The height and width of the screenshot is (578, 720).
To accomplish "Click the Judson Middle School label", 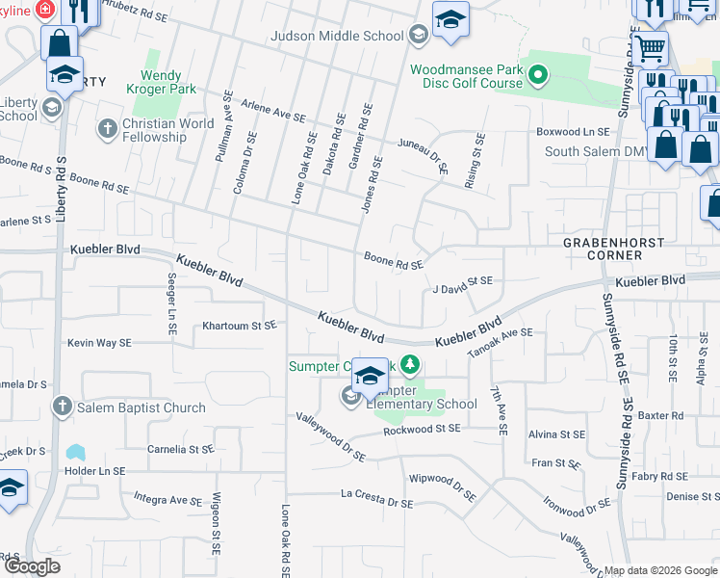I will (337, 36).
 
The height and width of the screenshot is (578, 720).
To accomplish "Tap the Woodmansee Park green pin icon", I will (539, 73).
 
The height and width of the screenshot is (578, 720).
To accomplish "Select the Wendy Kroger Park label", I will (168, 82).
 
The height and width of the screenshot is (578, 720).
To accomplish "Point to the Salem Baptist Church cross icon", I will (64, 407).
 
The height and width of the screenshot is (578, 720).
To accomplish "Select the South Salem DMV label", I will (604, 151).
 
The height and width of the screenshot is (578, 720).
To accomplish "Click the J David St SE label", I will (462, 280).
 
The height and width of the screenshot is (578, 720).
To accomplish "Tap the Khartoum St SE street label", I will (239, 326).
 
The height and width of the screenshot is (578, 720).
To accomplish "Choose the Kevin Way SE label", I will (99, 342).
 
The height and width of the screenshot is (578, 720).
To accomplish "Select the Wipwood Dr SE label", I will (442, 486).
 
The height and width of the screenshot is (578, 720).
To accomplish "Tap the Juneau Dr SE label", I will (424, 154).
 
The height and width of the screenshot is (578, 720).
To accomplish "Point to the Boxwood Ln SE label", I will (573, 131).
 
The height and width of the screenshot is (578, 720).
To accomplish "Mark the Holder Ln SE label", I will (93, 471).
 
